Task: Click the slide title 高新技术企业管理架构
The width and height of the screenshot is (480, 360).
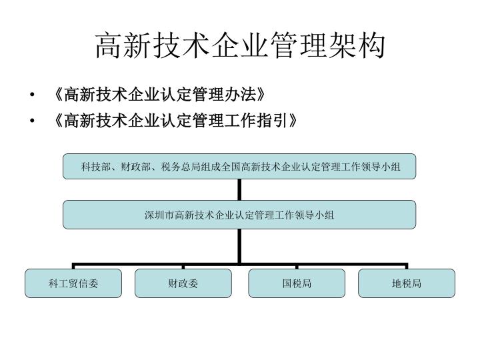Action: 240,46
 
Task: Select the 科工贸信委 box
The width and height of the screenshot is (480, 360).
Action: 73,283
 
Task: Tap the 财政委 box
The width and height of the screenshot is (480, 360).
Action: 183,283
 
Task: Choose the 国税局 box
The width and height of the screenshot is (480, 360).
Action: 297,283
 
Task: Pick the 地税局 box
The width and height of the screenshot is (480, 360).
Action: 407,283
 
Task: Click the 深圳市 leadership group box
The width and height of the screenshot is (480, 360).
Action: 239,215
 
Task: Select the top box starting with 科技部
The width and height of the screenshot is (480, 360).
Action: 239,167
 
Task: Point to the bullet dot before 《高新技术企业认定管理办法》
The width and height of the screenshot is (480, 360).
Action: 32,95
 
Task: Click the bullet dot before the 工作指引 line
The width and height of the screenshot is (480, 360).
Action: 32,121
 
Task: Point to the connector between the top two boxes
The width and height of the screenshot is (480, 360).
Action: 239,190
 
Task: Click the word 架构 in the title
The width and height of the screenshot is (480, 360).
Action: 356,46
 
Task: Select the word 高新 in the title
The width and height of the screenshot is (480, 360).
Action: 124,46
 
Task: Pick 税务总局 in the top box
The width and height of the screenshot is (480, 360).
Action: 181,167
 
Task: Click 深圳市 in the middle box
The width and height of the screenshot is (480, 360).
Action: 159,215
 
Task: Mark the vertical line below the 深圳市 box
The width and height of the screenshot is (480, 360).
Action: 239,246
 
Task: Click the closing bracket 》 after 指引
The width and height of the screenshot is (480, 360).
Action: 293,120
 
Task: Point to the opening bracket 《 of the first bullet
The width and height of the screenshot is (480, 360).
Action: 59,94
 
